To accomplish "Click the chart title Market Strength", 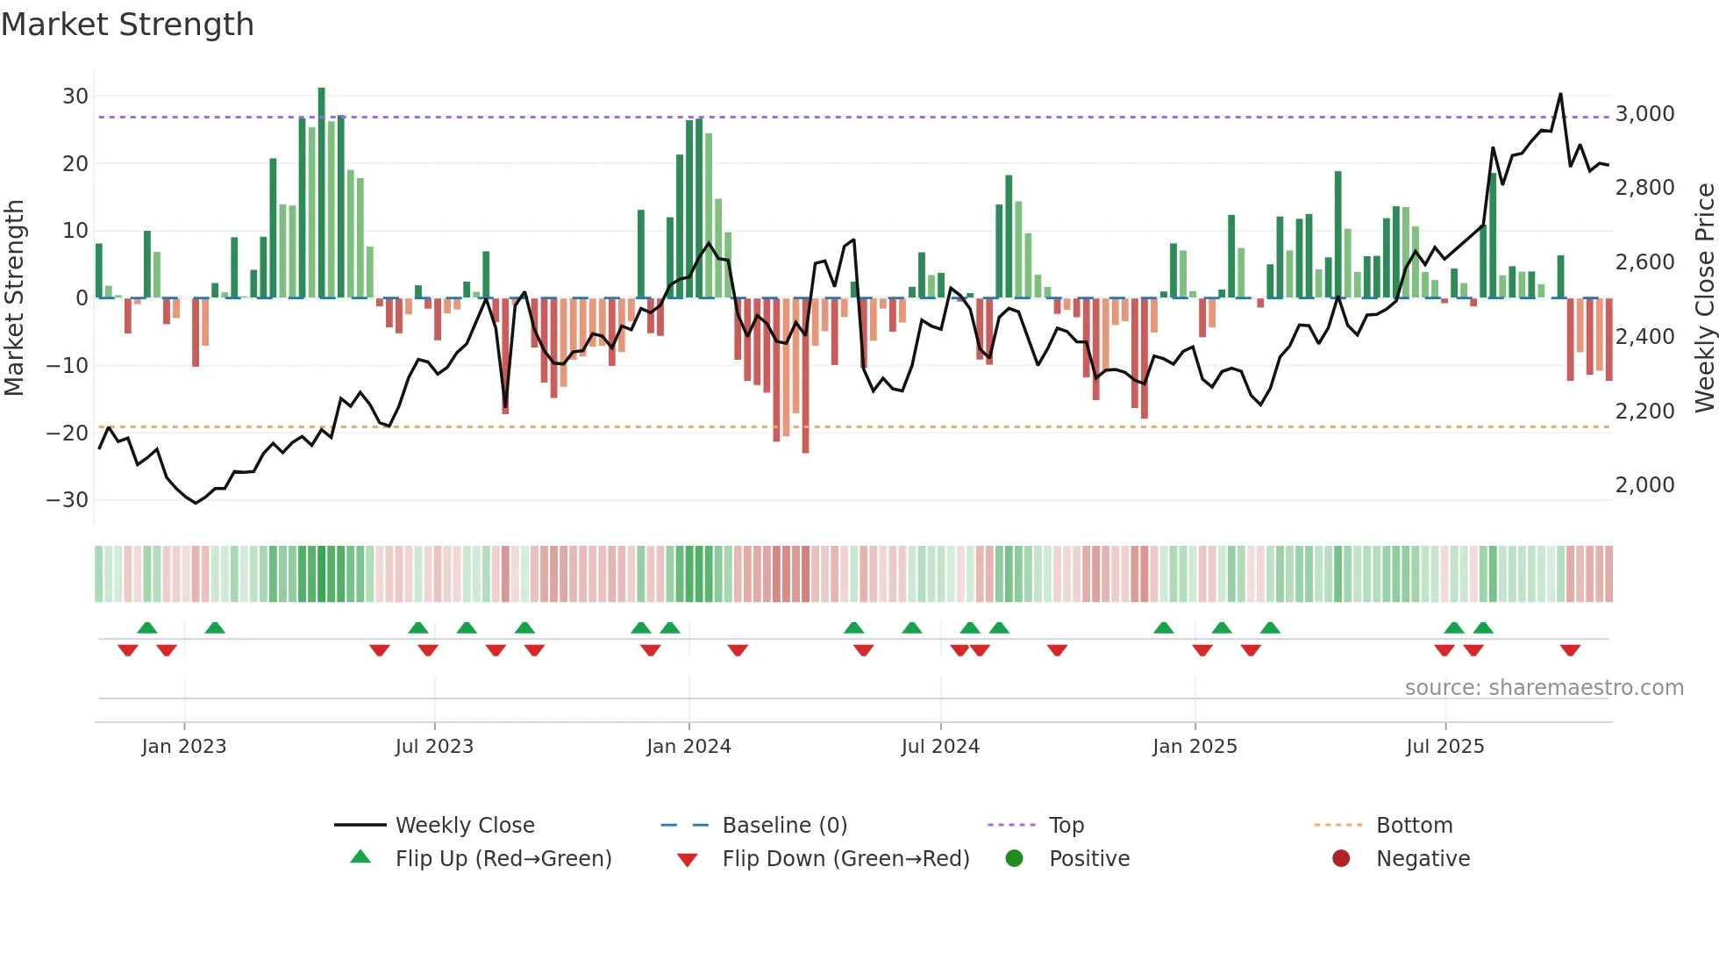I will pyautogui.click(x=127, y=25).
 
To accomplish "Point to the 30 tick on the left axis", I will pyautogui.click(x=75, y=97).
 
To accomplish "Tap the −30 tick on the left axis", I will pyautogui.click(x=68, y=500).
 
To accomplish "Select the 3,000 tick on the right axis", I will pyautogui.click(x=1644, y=114).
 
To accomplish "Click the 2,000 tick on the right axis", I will pyautogui.click(x=1644, y=485).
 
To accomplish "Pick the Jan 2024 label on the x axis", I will pyautogui.click(x=688, y=747).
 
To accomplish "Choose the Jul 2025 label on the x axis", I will pyautogui.click(x=1444, y=747).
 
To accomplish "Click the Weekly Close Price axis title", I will pyautogui.click(x=1704, y=297).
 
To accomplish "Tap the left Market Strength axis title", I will pyautogui.click(x=14, y=297).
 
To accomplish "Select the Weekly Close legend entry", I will pyautogui.click(x=464, y=826).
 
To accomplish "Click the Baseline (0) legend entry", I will pyautogui.click(x=784, y=826).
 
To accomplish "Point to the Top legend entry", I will pyautogui.click(x=1066, y=826).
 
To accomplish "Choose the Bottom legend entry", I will pyautogui.click(x=1414, y=826).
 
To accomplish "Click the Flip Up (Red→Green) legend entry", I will pyautogui.click(x=503, y=859).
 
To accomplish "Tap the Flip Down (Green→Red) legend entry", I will pyautogui.click(x=845, y=859).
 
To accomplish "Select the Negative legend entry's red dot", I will pyautogui.click(x=1341, y=859).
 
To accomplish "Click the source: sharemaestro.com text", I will pyautogui.click(x=1544, y=688).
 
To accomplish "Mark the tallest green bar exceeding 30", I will pyautogui.click(x=322, y=91).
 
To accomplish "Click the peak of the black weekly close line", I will pyautogui.click(x=1560, y=94).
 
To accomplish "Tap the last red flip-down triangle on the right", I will pyautogui.click(x=1570, y=650).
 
